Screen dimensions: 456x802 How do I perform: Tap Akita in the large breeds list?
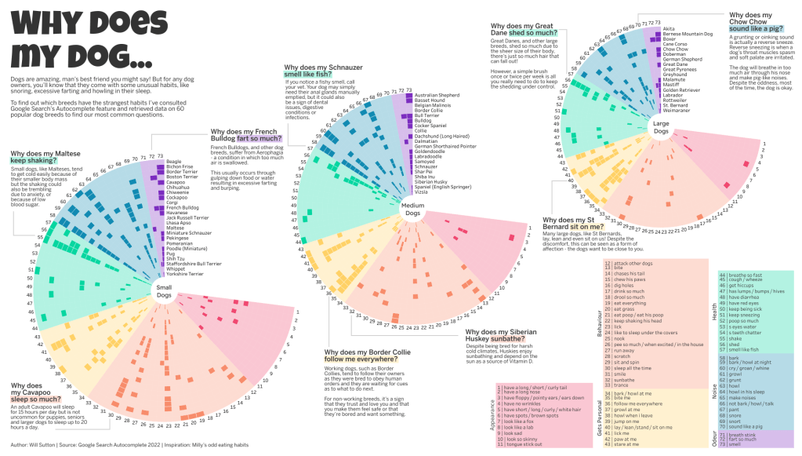click(669, 28)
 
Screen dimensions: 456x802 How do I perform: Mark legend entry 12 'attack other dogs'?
click(635, 264)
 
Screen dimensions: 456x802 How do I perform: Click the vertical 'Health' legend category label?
click(713, 312)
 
